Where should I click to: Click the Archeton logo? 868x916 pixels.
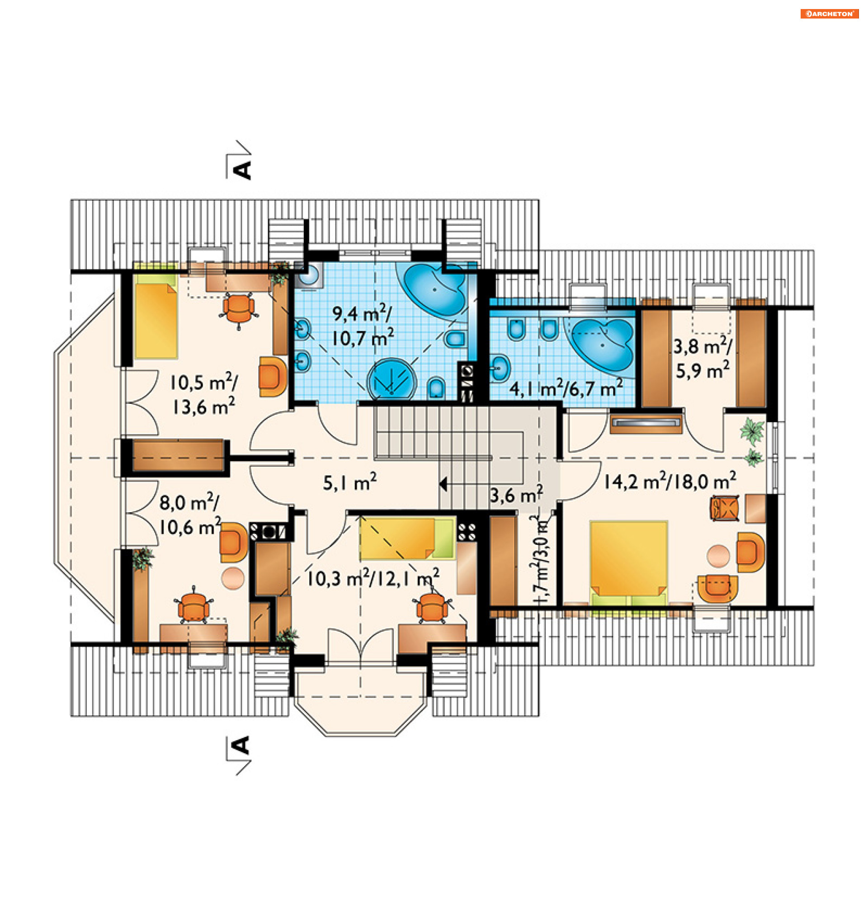point(829,14)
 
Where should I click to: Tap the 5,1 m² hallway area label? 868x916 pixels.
point(349,482)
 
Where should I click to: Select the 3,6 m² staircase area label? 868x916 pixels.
point(516,495)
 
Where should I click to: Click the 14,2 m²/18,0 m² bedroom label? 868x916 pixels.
point(670,481)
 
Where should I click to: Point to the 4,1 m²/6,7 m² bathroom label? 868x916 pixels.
point(566,387)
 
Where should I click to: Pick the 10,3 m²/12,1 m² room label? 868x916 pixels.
point(373,578)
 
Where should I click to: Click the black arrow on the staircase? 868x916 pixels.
point(443,484)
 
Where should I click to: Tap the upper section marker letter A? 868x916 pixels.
point(243,170)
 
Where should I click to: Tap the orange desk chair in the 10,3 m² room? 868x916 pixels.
point(432,605)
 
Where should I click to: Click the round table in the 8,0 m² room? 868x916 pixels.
point(233,578)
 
